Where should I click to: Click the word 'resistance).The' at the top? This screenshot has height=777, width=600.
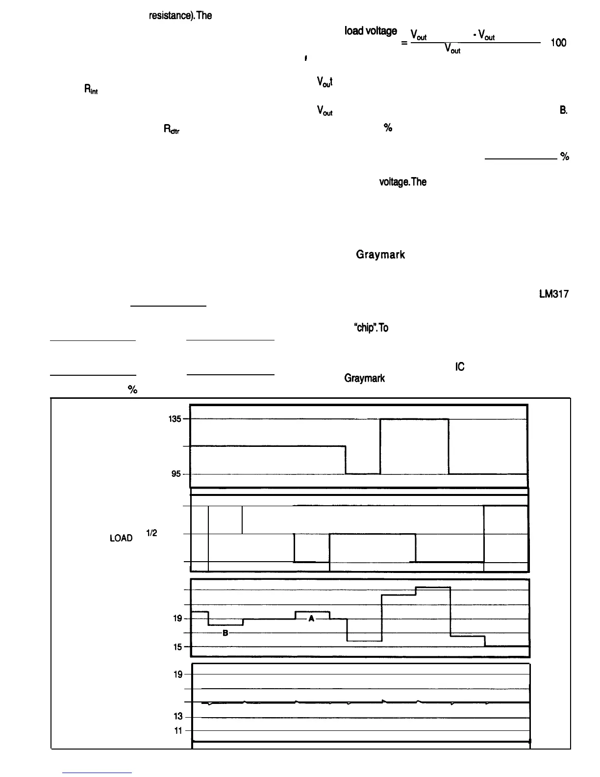pos(180,15)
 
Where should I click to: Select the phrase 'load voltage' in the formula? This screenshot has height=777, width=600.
pos(371,31)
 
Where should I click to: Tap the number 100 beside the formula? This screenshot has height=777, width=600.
pos(558,43)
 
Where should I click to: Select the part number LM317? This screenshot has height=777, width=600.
pos(553,294)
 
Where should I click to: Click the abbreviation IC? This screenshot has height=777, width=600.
pos(460,366)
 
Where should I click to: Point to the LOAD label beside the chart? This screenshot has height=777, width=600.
pos(121,538)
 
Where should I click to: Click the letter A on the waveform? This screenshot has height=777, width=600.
pos(311,619)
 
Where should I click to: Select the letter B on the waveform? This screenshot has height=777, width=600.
pos(225,633)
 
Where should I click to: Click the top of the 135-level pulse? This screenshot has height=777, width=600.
pos(414,419)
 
